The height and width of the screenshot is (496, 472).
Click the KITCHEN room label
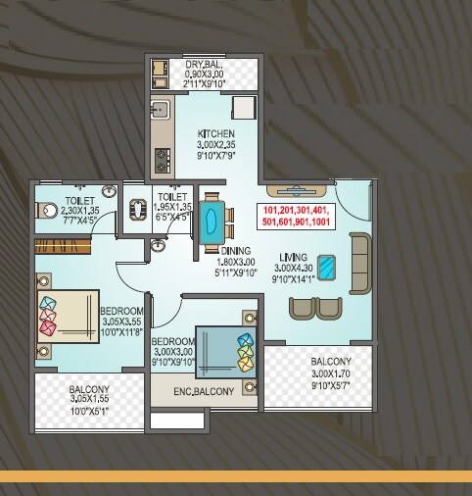click(215, 132)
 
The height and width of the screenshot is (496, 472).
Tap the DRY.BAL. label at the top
click(205, 65)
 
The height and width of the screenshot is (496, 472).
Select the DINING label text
click(236, 251)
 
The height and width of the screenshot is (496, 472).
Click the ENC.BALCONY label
click(206, 393)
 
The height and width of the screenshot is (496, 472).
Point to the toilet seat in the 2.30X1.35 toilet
click(50, 209)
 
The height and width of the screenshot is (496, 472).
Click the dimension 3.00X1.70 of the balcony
click(332, 372)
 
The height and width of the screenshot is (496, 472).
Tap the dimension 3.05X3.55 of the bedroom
click(122, 321)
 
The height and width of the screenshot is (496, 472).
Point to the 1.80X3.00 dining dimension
click(236, 262)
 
